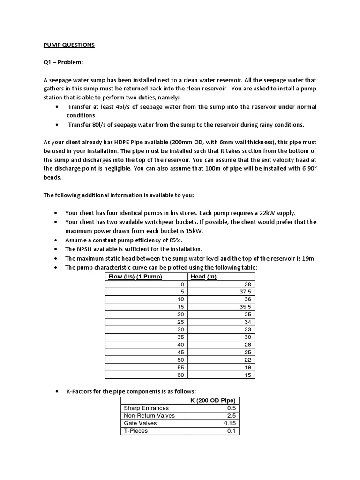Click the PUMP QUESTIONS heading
[x=66, y=45]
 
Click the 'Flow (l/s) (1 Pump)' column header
[x=135, y=277]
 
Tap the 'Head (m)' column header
[x=204, y=277]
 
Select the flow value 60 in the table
[x=181, y=375]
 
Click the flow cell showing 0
[x=183, y=284]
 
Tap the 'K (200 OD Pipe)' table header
[x=213, y=400]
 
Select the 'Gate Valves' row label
[x=140, y=423]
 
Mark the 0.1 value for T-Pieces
[x=231, y=431]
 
